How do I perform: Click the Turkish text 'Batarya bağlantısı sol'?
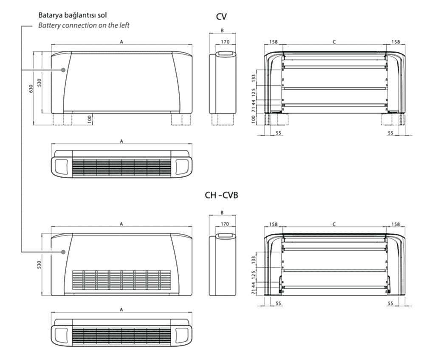[x=72, y=15]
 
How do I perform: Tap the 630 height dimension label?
[x=31, y=88]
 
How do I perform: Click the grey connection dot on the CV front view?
[x=63, y=70]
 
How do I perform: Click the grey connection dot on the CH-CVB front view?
[x=63, y=252]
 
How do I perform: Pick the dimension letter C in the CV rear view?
[x=334, y=42]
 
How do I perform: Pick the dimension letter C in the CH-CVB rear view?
[x=334, y=224]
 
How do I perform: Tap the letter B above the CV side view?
[x=222, y=31]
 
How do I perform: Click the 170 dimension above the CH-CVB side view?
[x=225, y=224]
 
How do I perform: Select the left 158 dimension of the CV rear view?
[x=273, y=42]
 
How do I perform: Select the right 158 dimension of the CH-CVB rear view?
[x=395, y=224]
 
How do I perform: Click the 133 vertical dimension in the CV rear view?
[x=254, y=77]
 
